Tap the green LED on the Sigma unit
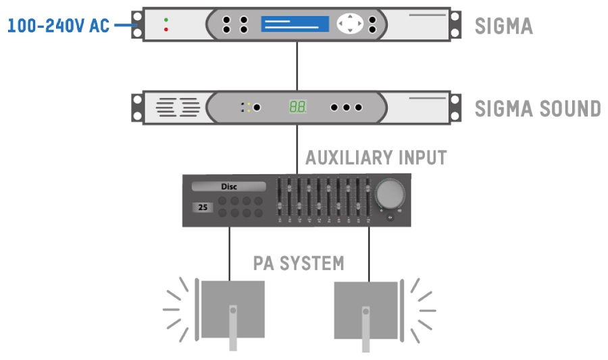(x=166, y=20)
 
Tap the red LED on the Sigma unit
(x=166, y=30)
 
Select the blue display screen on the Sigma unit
(x=295, y=24)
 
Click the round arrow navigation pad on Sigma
(x=350, y=24)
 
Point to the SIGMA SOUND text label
(x=538, y=108)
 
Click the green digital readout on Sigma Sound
(x=298, y=107)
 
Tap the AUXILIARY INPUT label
(x=376, y=158)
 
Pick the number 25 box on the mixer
(x=203, y=208)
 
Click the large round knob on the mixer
(x=390, y=194)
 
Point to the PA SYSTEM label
(x=299, y=263)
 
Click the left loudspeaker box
(x=232, y=309)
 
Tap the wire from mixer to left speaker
(x=230, y=253)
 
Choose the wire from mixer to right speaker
(x=369, y=253)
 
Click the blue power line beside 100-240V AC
(x=124, y=26)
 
